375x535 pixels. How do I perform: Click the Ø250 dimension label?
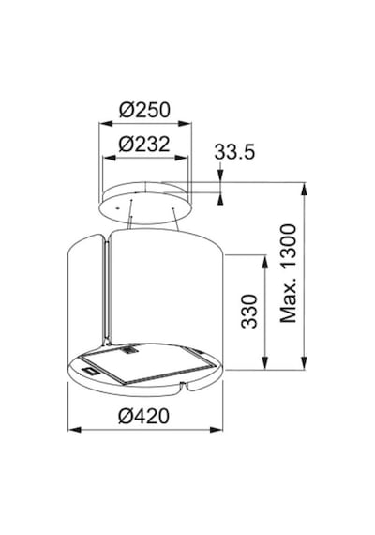tap(144, 110)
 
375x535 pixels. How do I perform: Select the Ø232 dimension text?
tap(144, 144)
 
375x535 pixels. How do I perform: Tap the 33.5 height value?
tap(234, 151)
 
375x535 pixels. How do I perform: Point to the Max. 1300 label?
tap(288, 273)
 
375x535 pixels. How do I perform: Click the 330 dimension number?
tap(248, 312)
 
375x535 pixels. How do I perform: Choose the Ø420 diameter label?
tap(143, 416)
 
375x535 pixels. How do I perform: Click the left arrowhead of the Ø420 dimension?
tap(74, 430)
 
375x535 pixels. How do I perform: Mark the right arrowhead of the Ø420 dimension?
tap(217, 430)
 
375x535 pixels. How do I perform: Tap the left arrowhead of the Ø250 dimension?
tap(105, 124)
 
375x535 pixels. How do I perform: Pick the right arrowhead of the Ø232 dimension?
tap(181, 158)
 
